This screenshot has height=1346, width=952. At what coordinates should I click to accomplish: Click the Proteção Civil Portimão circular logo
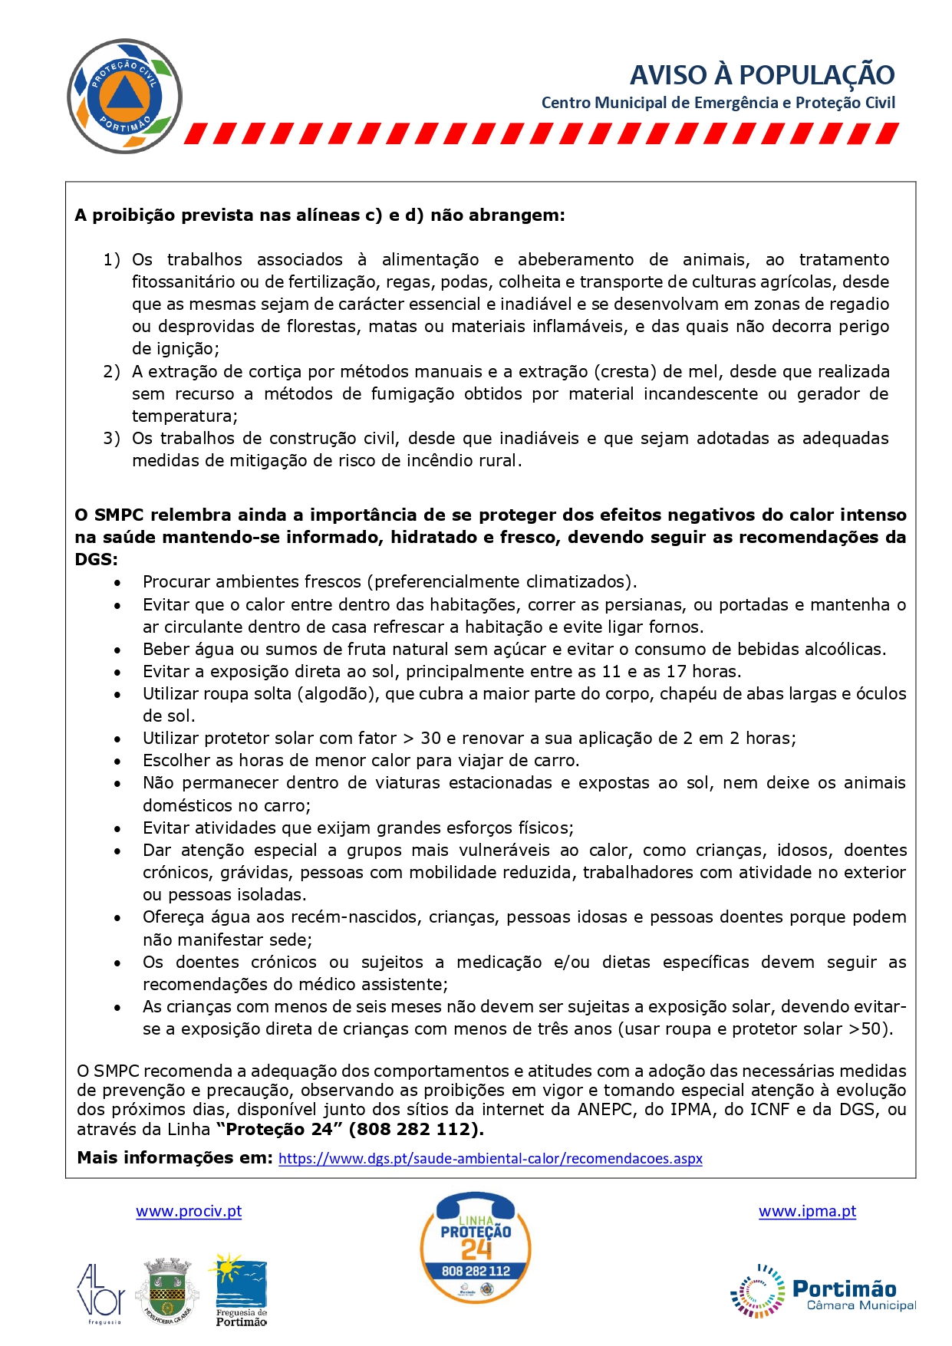coord(124,97)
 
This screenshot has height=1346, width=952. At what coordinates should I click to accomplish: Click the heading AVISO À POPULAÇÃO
coord(762,75)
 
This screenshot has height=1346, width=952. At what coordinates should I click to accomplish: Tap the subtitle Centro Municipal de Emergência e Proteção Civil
coord(718,103)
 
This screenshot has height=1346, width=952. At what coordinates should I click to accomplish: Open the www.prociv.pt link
coord(189,1211)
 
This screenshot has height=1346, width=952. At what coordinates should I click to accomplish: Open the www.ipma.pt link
coord(807,1211)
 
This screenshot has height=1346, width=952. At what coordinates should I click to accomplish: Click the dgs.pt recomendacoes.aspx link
coord(490,1158)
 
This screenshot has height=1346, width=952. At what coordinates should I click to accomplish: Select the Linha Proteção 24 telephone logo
coord(476,1248)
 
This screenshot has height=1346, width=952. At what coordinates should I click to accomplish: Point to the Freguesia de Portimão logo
coord(241,1290)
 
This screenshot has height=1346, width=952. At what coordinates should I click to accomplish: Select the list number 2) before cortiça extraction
coord(112,372)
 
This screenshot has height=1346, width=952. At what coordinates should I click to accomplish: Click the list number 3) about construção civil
coord(112,439)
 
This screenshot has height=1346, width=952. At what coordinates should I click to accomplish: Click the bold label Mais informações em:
coord(175,1158)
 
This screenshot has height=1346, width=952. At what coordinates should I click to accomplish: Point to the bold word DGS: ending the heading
coord(97,559)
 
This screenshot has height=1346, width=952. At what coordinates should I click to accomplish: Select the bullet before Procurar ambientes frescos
coord(117,583)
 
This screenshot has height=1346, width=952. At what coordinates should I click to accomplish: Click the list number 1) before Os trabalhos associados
coord(112,260)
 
